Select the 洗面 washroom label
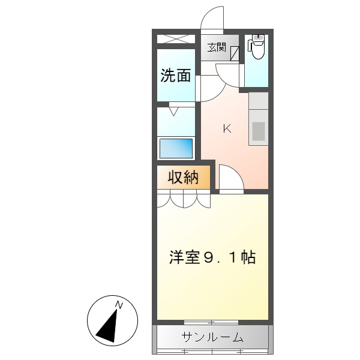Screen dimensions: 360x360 tap(176, 76)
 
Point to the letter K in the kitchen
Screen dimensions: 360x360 tap(227, 128)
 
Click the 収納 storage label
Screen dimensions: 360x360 tap(183, 178)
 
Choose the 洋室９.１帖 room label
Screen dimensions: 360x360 tap(212, 257)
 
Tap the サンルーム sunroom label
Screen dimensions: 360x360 tap(212, 337)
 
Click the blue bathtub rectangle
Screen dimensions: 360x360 tap(176, 148)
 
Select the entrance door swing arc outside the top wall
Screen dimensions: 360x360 tap(213, 18)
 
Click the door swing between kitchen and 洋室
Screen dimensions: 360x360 tap(230, 178)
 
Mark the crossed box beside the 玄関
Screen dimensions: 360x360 tap(176, 40)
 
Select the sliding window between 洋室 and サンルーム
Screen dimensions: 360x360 tap(212, 323)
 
